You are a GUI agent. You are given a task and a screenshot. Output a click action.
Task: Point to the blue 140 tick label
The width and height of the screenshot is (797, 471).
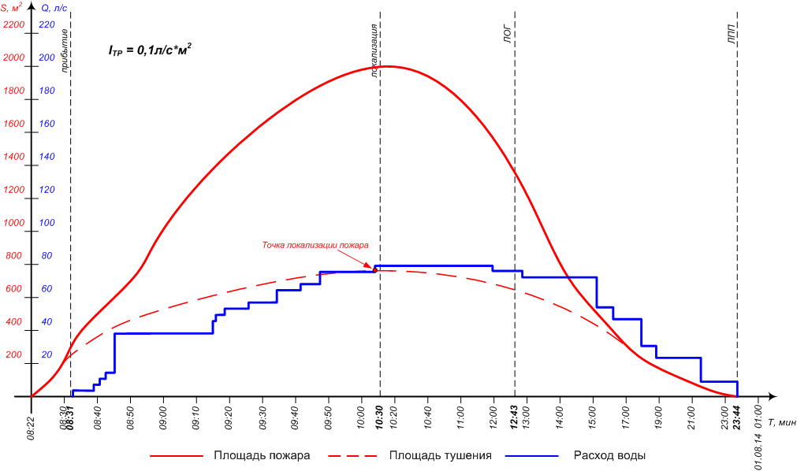pyautogui.click(x=47, y=157)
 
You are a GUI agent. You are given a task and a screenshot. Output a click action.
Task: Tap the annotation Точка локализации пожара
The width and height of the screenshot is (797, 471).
pyautogui.click(x=315, y=245)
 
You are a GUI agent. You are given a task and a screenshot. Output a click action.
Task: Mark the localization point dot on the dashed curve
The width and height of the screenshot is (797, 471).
pyautogui.click(x=374, y=270)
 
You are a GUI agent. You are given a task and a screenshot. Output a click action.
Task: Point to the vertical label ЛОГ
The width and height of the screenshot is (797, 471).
pyautogui.click(x=508, y=36)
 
